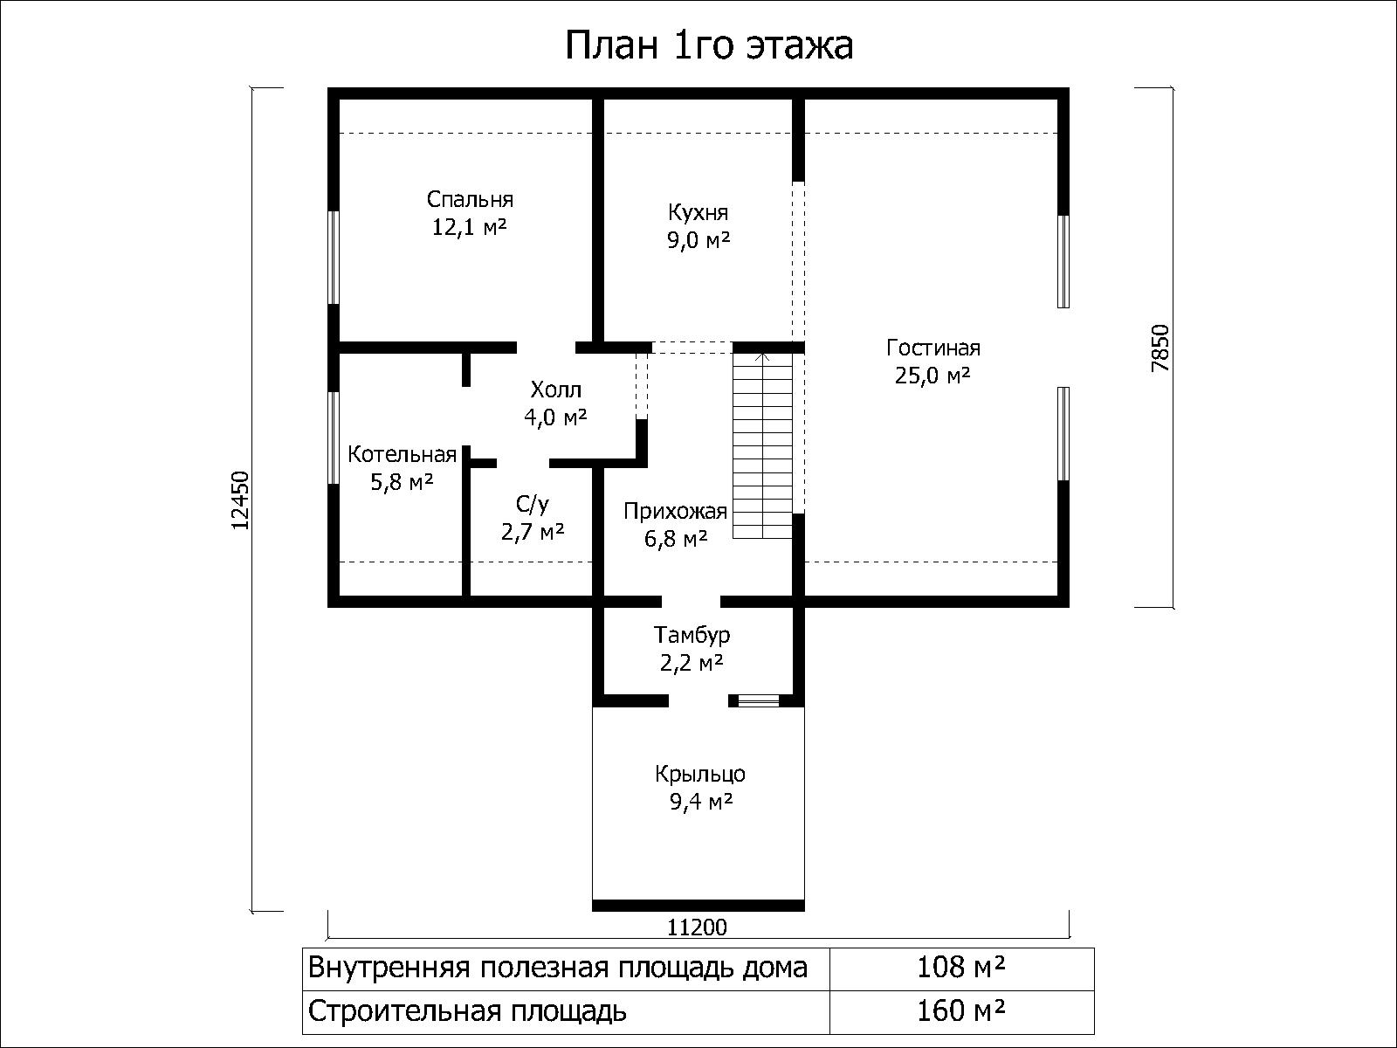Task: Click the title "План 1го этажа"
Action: click(709, 45)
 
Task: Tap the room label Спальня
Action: click(470, 200)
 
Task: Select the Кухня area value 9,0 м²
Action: click(698, 240)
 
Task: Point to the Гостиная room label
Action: click(933, 348)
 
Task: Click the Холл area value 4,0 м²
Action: click(555, 417)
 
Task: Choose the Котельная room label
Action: click(403, 454)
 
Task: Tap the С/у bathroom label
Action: click(533, 505)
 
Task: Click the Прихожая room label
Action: click(675, 512)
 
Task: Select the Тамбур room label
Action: click(692, 635)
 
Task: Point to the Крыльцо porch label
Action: click(700, 774)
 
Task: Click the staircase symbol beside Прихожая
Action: click(762, 446)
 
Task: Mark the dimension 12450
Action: click(241, 500)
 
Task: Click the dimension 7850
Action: click(1160, 348)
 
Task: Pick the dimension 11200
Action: click(697, 927)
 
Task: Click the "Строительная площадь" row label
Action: click(468, 1011)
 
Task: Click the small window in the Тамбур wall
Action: click(758, 700)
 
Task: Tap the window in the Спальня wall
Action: click(333, 258)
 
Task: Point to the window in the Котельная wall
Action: click(333, 438)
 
